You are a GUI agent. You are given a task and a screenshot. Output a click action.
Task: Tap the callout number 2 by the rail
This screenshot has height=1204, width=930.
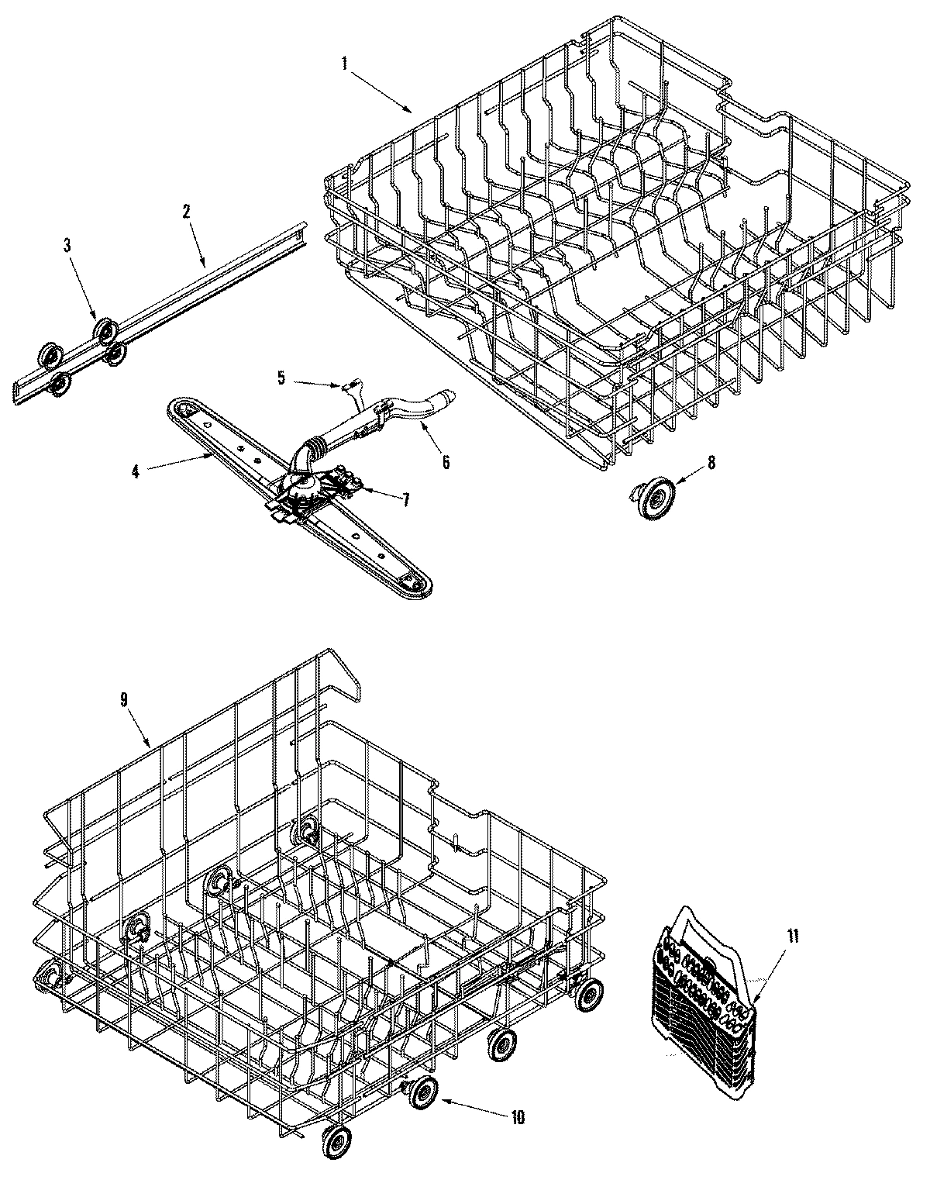pyautogui.click(x=186, y=212)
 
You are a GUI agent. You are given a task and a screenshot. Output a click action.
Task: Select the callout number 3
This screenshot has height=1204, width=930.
pyautogui.click(x=67, y=245)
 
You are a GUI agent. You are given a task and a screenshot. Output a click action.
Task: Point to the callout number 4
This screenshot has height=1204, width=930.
pyautogui.click(x=135, y=471)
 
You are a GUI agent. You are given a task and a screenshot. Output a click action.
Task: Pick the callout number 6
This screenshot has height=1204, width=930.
pyautogui.click(x=446, y=462)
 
